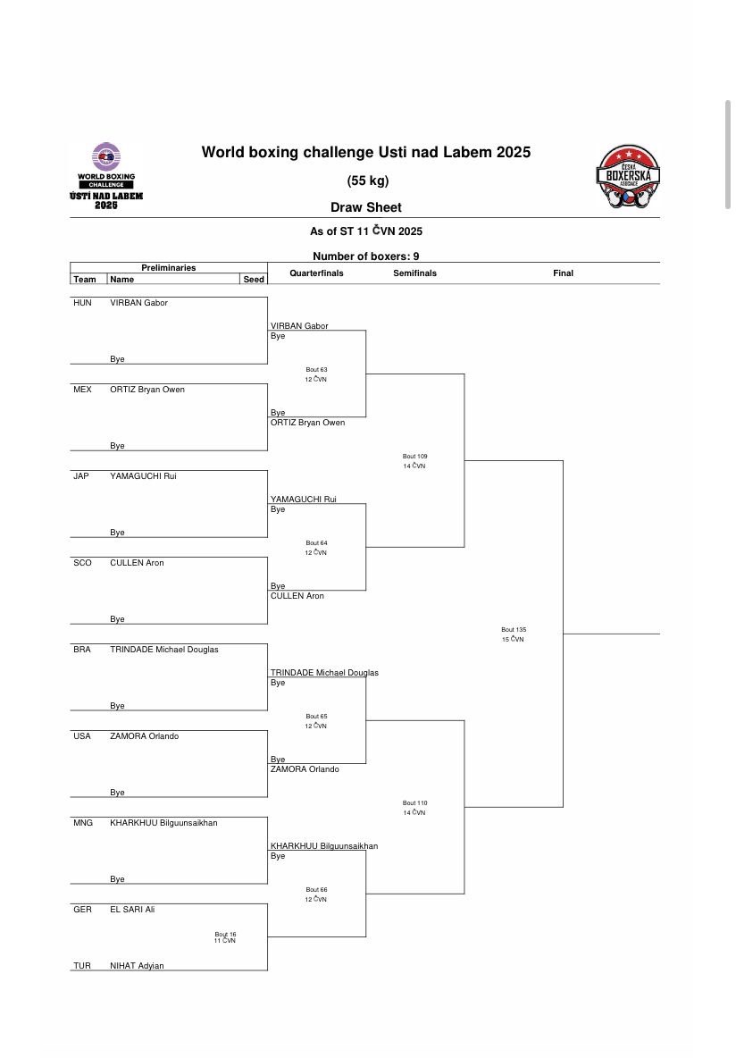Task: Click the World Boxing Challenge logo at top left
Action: coord(105,176)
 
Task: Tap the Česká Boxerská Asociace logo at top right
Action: coord(627,178)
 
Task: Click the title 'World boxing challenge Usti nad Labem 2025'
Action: coord(365,153)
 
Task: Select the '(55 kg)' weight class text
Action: coord(367,181)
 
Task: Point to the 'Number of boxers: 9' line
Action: coord(365,256)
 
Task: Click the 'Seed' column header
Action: coord(254,280)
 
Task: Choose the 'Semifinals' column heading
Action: coord(414,273)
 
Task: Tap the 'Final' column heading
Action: coord(563,273)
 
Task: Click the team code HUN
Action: coord(82,303)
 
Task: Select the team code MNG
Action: coord(83,823)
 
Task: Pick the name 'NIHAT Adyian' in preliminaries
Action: coord(137,965)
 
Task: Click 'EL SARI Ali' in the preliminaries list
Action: coord(132,910)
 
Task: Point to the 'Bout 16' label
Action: coord(225,934)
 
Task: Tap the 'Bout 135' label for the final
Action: coord(514,630)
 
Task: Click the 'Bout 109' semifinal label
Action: coord(414,457)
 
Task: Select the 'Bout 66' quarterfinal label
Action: coord(316,890)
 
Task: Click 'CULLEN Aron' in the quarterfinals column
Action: coord(297,596)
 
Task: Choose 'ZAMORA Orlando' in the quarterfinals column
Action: coord(305,769)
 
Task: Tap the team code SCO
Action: coord(82,563)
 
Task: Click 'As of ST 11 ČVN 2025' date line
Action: coord(365,231)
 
